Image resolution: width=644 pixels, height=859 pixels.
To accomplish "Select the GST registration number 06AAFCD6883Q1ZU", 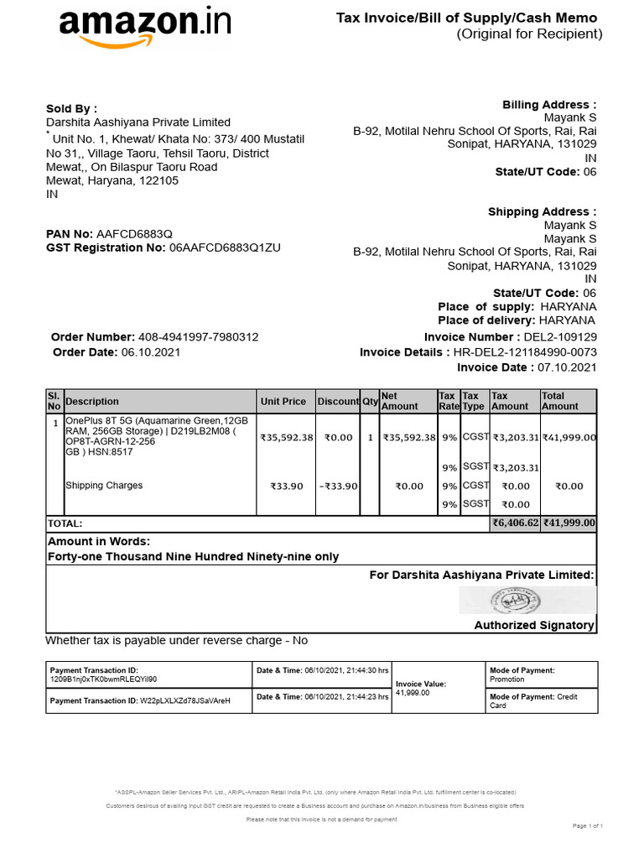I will tap(225, 247).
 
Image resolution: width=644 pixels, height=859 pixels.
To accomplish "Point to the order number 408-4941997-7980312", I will tap(198, 337).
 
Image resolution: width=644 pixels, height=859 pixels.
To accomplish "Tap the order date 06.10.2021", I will tap(151, 352).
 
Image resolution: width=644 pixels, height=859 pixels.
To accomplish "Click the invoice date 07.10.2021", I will tap(567, 367).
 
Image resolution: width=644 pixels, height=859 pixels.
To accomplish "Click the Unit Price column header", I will tap(283, 402).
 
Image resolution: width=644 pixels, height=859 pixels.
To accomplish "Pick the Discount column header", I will tap(338, 402).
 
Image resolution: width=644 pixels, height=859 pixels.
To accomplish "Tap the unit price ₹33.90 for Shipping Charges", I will tap(286, 486).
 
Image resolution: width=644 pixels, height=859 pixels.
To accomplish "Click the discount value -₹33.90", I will tap(340, 486).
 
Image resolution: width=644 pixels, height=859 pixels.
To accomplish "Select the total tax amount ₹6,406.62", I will tap(515, 523).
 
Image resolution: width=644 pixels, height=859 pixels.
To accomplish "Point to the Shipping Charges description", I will tap(104, 486).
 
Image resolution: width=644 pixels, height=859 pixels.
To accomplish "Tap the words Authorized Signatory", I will tap(534, 625).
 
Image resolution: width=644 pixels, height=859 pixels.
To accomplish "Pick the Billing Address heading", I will tap(549, 105).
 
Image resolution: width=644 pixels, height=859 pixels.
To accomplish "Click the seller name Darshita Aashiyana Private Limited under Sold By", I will tap(138, 122).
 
